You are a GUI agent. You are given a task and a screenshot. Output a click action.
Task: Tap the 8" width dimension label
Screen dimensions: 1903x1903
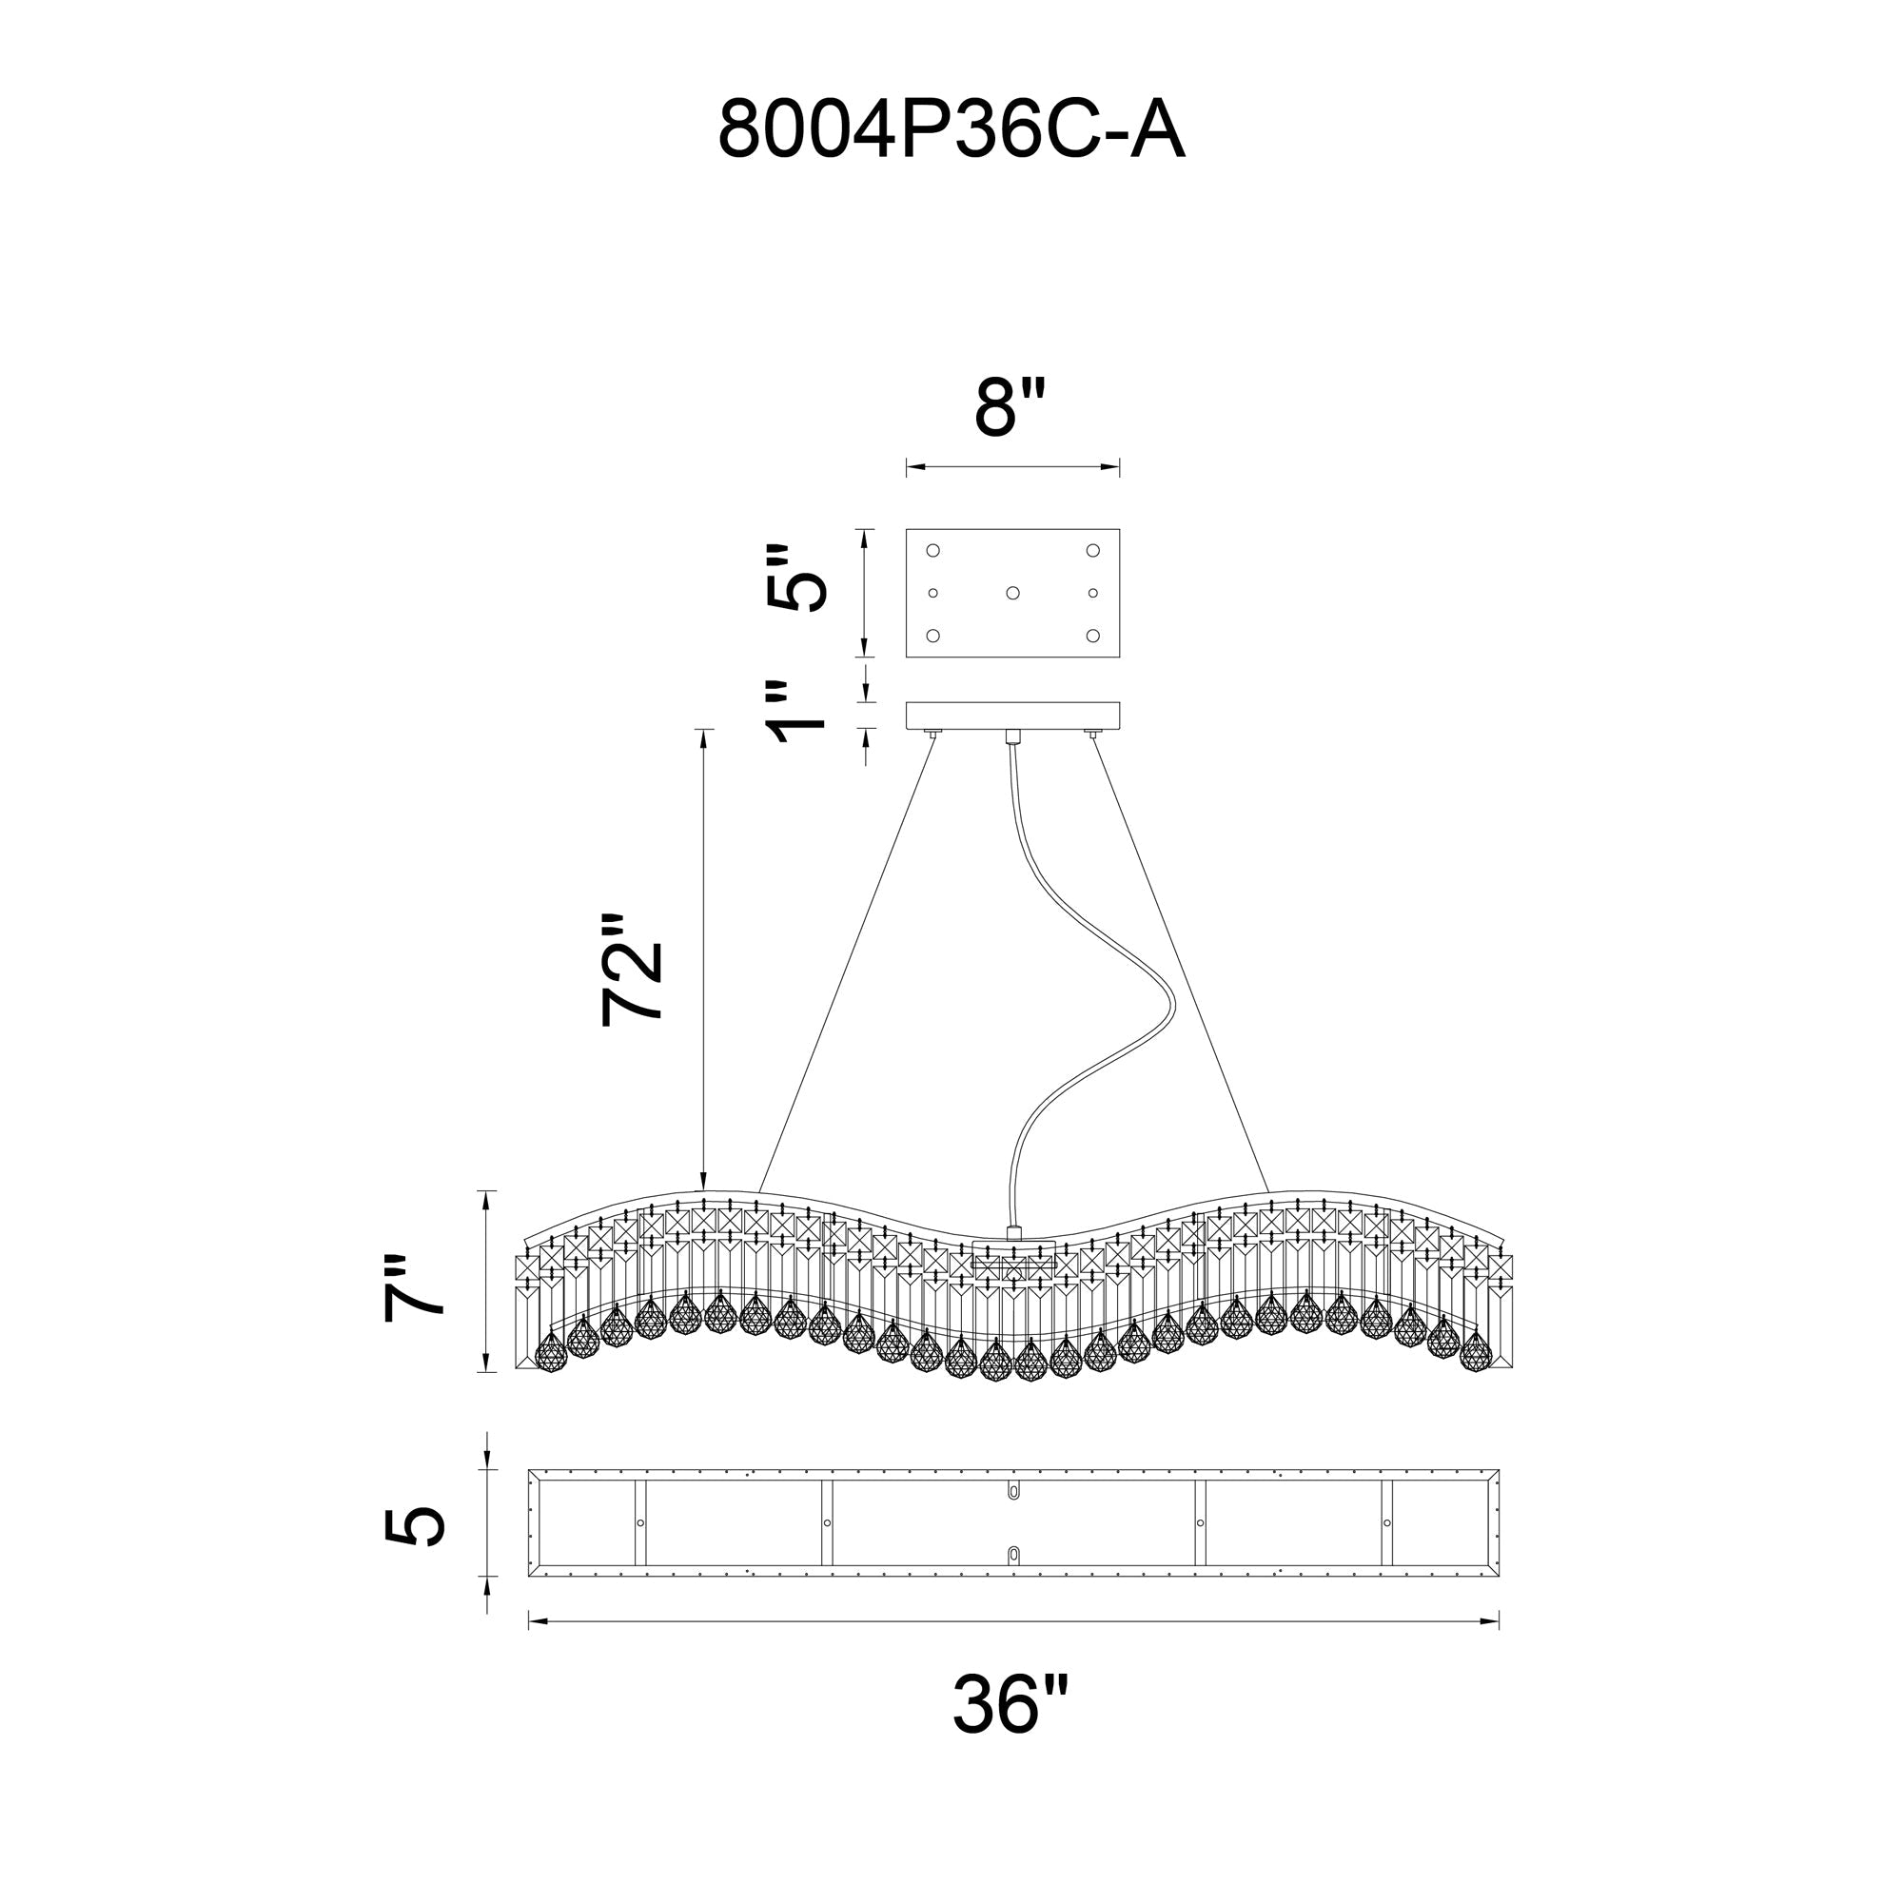coord(1010,406)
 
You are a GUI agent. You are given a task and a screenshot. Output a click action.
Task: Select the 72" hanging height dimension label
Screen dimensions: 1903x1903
coord(632,971)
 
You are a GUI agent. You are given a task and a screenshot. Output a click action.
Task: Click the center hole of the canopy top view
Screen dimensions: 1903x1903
coord(1012,593)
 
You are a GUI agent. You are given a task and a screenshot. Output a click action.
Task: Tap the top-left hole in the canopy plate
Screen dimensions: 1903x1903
coord(932,550)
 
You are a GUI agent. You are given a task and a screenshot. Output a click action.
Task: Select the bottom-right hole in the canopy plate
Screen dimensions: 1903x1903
coord(1092,636)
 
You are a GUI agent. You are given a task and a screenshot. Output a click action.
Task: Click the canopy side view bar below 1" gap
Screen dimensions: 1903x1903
coord(1012,716)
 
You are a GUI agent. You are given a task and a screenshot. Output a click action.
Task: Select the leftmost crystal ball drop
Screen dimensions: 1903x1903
coord(552,1352)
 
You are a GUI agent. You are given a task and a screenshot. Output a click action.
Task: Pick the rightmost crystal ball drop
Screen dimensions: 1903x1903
coord(1475,1352)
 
